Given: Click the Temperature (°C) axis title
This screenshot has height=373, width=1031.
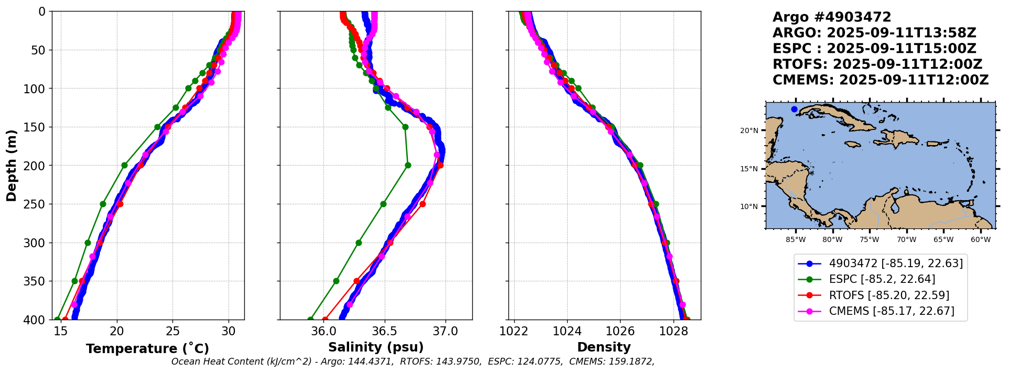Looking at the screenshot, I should tap(147, 349).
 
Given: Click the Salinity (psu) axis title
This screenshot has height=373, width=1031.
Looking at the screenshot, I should tap(376, 347).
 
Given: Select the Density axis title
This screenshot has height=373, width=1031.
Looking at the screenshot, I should tap(604, 347).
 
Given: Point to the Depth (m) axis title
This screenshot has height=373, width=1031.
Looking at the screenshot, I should tap(12, 166).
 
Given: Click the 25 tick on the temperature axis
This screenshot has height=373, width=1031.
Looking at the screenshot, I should tap(172, 331).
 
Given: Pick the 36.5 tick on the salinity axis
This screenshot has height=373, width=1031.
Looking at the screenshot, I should tap(384, 331).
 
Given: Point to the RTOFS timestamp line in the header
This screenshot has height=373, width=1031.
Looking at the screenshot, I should tap(877, 64).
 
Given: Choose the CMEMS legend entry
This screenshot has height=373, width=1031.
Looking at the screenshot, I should tap(891, 311).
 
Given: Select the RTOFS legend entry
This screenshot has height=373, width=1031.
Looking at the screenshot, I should tap(889, 295).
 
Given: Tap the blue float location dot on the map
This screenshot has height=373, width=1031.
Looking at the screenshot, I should tap(794, 109).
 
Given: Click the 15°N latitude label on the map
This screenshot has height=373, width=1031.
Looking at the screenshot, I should tap(749, 169).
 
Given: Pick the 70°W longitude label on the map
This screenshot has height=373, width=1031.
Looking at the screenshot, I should tap(906, 240).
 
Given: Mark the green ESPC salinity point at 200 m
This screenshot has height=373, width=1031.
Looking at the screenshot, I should tap(408, 166).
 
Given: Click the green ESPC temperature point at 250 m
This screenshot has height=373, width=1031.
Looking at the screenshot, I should tap(103, 204).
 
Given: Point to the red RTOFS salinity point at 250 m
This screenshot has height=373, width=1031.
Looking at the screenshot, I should tap(422, 204).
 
